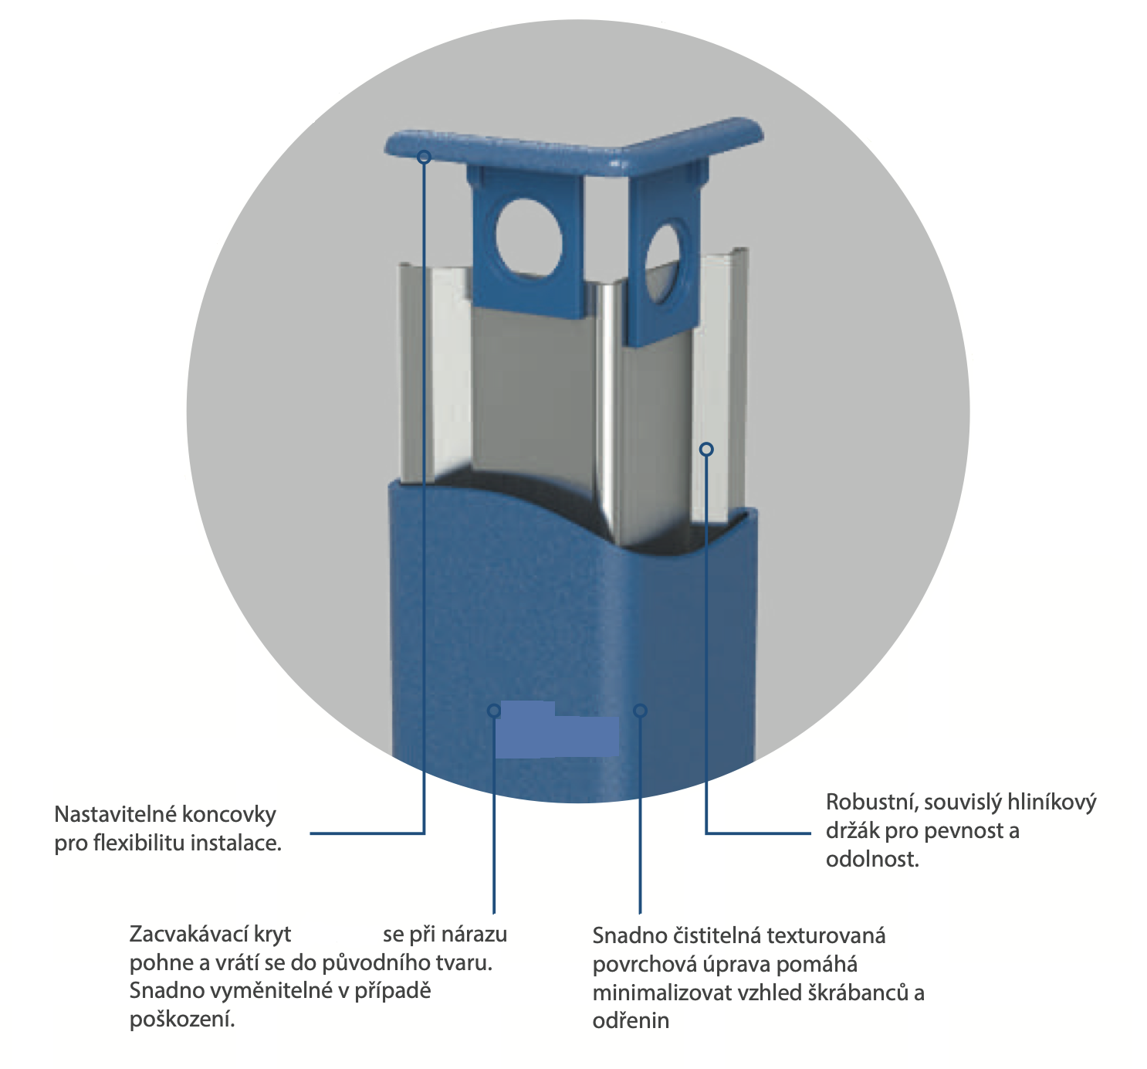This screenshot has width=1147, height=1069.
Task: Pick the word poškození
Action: [181, 1020]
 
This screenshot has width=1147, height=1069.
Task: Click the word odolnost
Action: [872, 860]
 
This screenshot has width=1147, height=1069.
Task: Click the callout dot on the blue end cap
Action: [424, 157]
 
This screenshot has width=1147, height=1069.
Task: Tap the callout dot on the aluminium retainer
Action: [706, 449]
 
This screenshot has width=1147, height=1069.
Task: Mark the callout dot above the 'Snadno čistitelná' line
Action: [640, 710]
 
